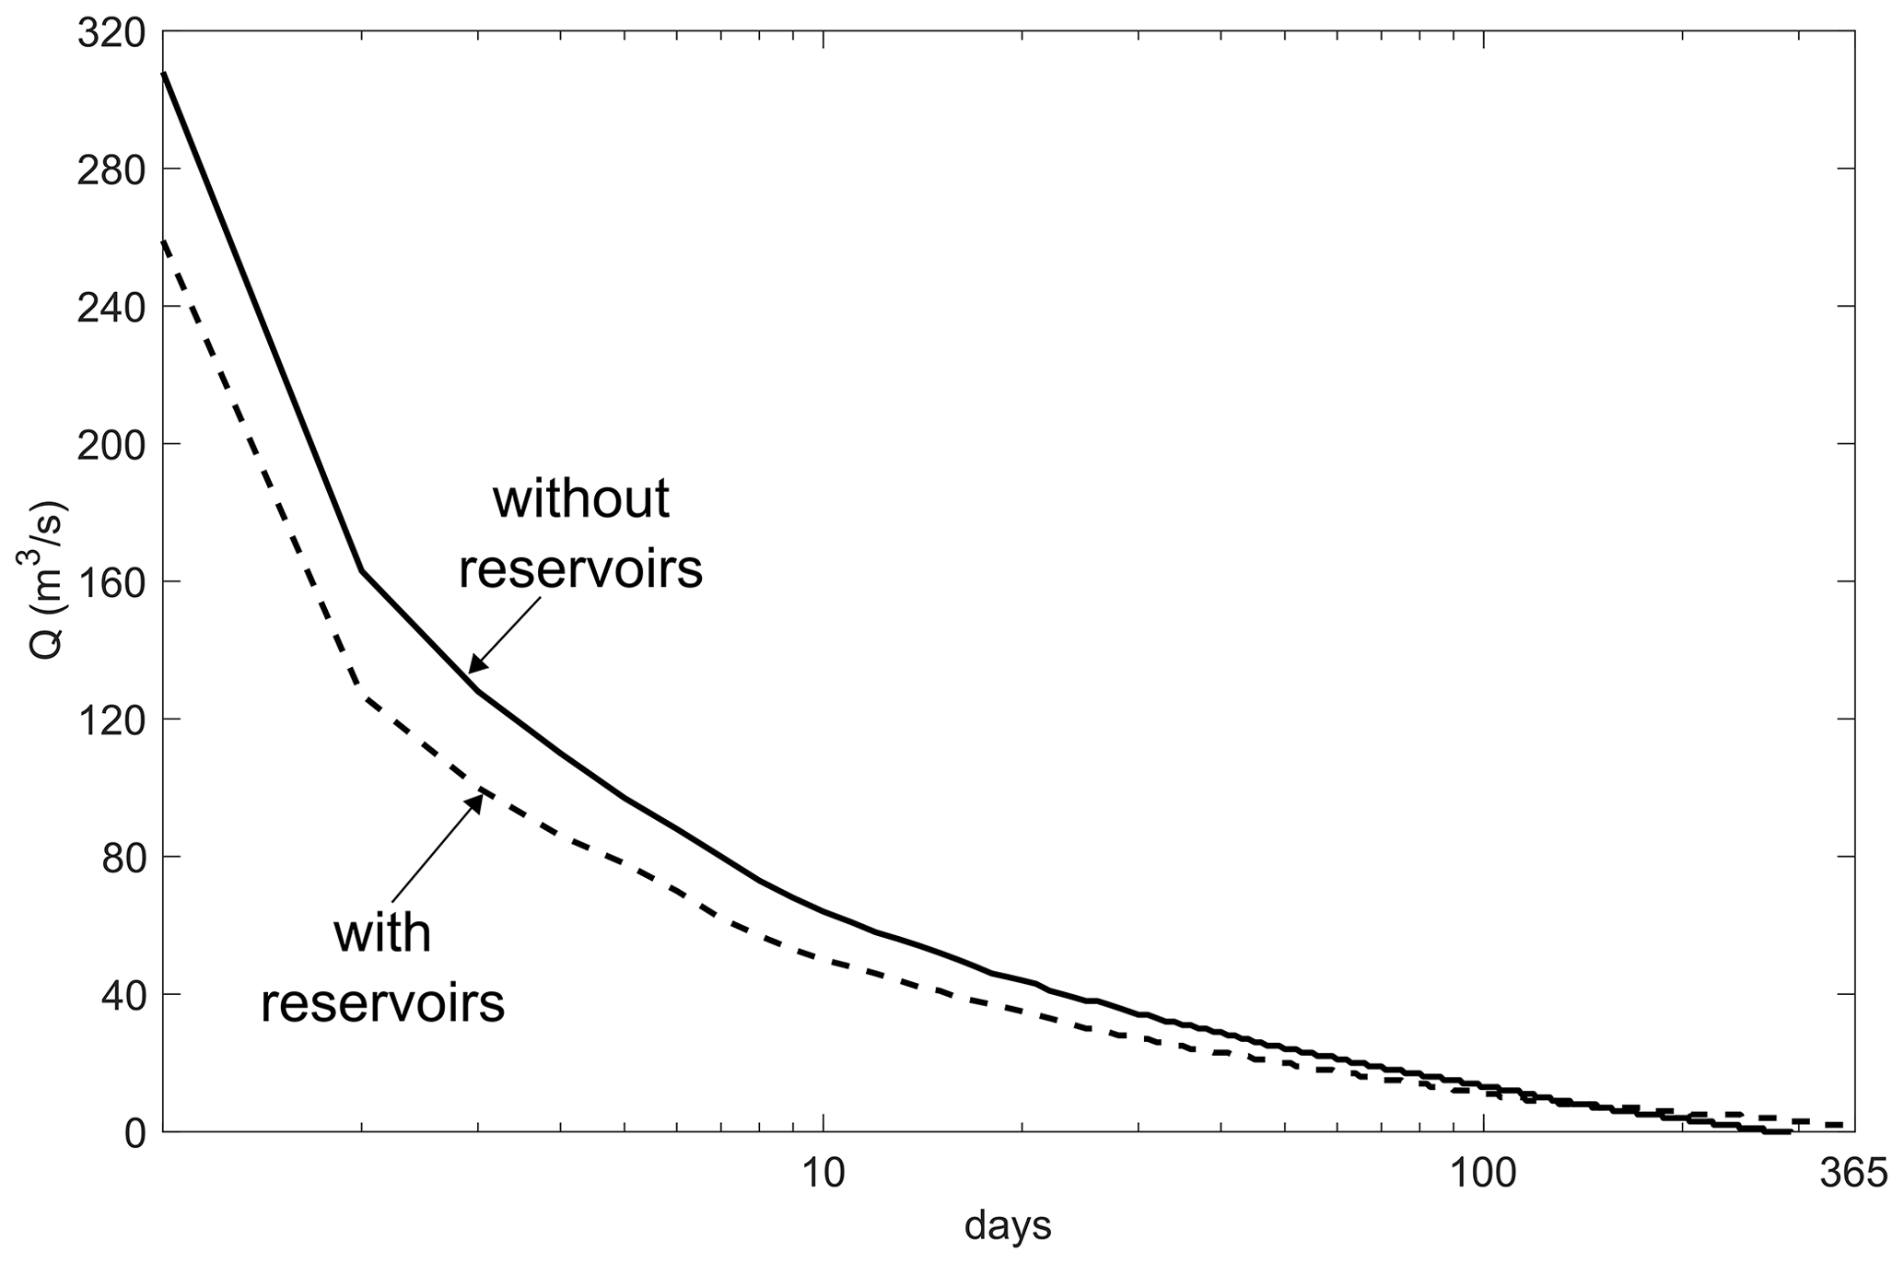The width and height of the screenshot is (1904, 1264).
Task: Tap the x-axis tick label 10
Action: (823, 1176)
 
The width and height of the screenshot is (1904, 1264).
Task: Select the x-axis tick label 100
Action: (1483, 1176)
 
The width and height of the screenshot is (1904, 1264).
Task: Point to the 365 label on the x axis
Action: (1854, 1176)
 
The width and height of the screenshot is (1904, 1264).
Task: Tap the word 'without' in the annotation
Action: (580, 500)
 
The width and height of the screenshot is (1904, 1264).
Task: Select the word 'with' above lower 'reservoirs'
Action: (382, 933)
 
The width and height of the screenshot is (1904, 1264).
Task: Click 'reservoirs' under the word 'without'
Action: (580, 568)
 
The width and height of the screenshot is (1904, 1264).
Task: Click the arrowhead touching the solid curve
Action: (475, 666)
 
